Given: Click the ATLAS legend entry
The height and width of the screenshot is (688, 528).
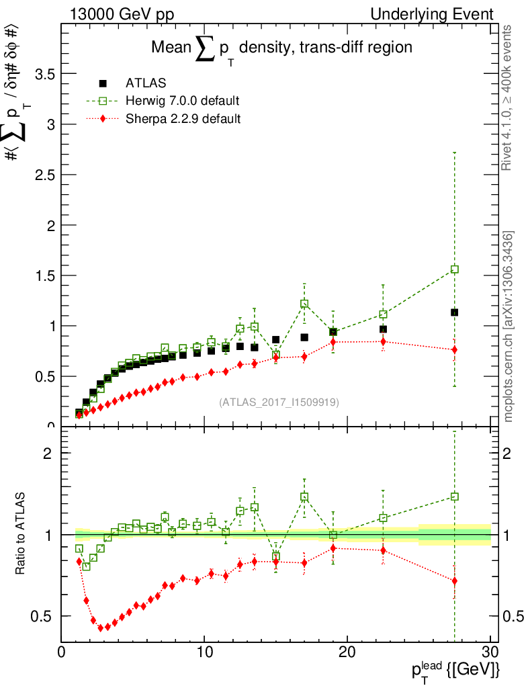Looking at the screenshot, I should (x=146, y=83).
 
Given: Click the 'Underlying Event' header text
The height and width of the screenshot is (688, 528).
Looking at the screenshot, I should (x=444, y=14).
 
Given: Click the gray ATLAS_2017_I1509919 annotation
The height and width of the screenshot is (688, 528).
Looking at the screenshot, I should (x=279, y=402).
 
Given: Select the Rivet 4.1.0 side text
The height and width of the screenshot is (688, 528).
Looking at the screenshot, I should (x=509, y=97).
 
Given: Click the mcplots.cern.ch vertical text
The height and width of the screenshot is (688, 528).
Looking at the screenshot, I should (x=509, y=327).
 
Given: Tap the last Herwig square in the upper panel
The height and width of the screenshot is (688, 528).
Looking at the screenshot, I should (x=455, y=269).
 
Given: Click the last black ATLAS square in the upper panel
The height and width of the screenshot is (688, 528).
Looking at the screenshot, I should (x=455, y=312).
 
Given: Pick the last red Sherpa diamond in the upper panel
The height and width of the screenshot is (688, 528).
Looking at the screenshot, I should (x=455, y=349).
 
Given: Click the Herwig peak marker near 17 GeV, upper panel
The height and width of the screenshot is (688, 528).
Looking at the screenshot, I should (x=304, y=304).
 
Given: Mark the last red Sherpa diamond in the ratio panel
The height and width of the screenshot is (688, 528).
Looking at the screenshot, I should (x=455, y=580).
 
